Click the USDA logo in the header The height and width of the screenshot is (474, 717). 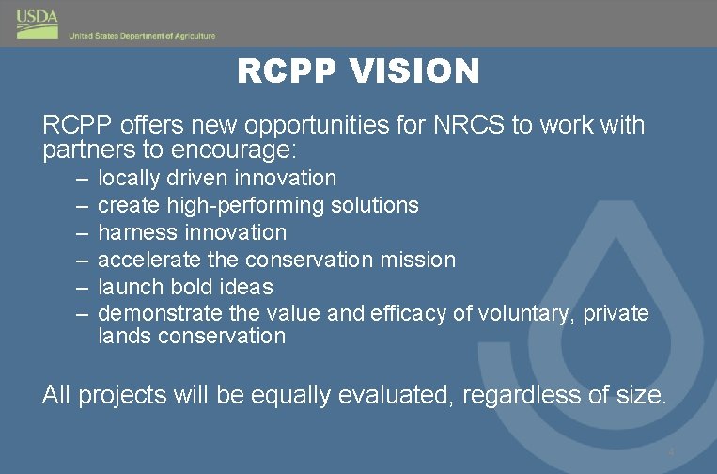coord(38,23)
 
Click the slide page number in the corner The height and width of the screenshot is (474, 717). coord(671,454)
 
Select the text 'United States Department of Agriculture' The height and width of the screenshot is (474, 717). coord(142,36)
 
